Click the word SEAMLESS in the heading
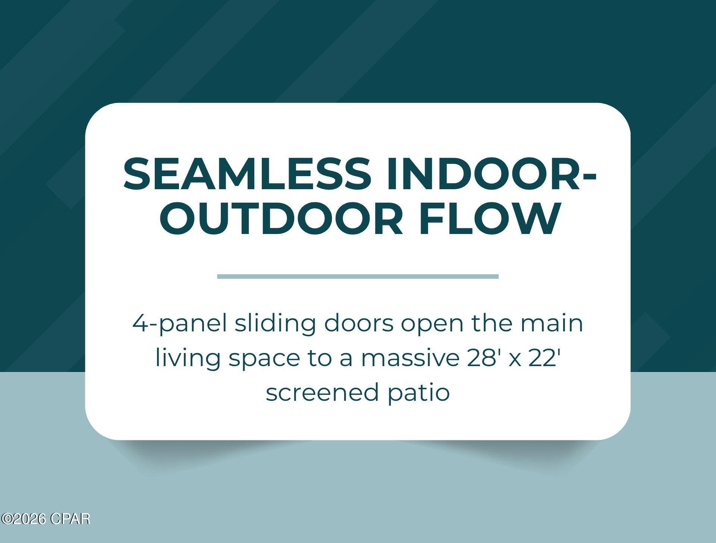(247, 174)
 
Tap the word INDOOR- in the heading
(491, 174)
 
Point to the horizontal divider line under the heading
(358, 276)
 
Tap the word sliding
(276, 324)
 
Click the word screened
(322, 393)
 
